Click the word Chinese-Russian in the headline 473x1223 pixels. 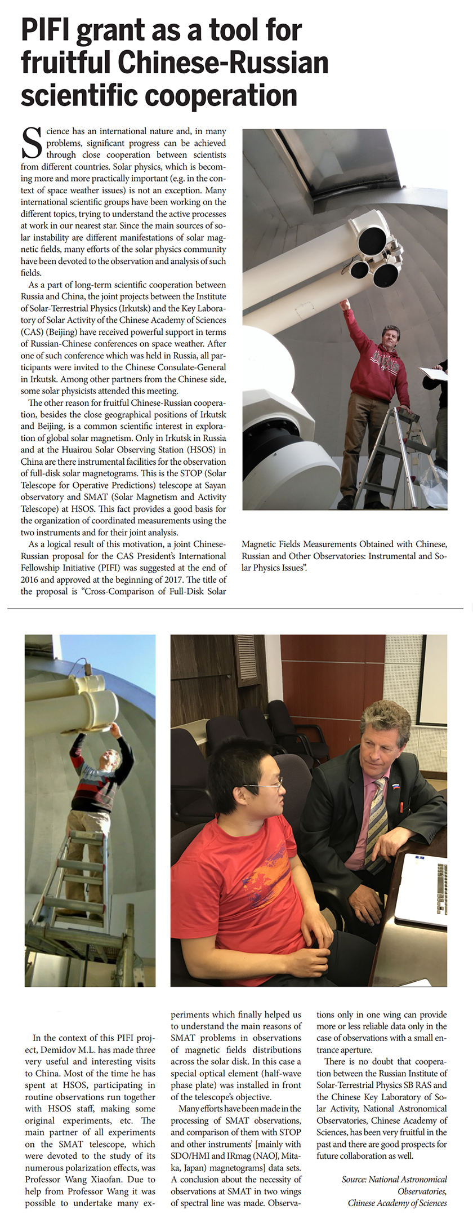click(x=223, y=63)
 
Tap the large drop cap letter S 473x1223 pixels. click(x=32, y=143)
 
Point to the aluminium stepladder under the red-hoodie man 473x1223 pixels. click(x=394, y=451)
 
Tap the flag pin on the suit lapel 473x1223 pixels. click(x=396, y=785)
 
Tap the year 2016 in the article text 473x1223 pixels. click(x=30, y=580)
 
